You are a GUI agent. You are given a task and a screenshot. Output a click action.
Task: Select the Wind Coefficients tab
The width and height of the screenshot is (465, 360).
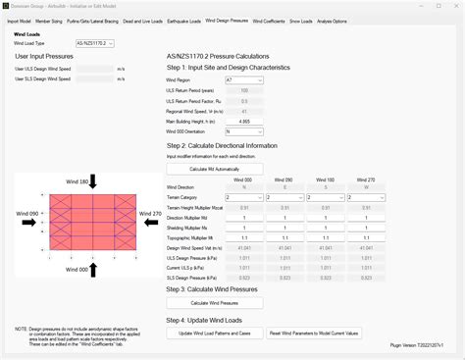(x=270, y=20)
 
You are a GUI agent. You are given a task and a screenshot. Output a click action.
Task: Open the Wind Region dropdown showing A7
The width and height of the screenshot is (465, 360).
(x=243, y=79)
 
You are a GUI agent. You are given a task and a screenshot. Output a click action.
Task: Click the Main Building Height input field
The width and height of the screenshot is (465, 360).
(x=243, y=121)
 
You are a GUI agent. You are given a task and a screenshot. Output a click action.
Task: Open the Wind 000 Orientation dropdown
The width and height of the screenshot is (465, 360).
(x=243, y=130)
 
